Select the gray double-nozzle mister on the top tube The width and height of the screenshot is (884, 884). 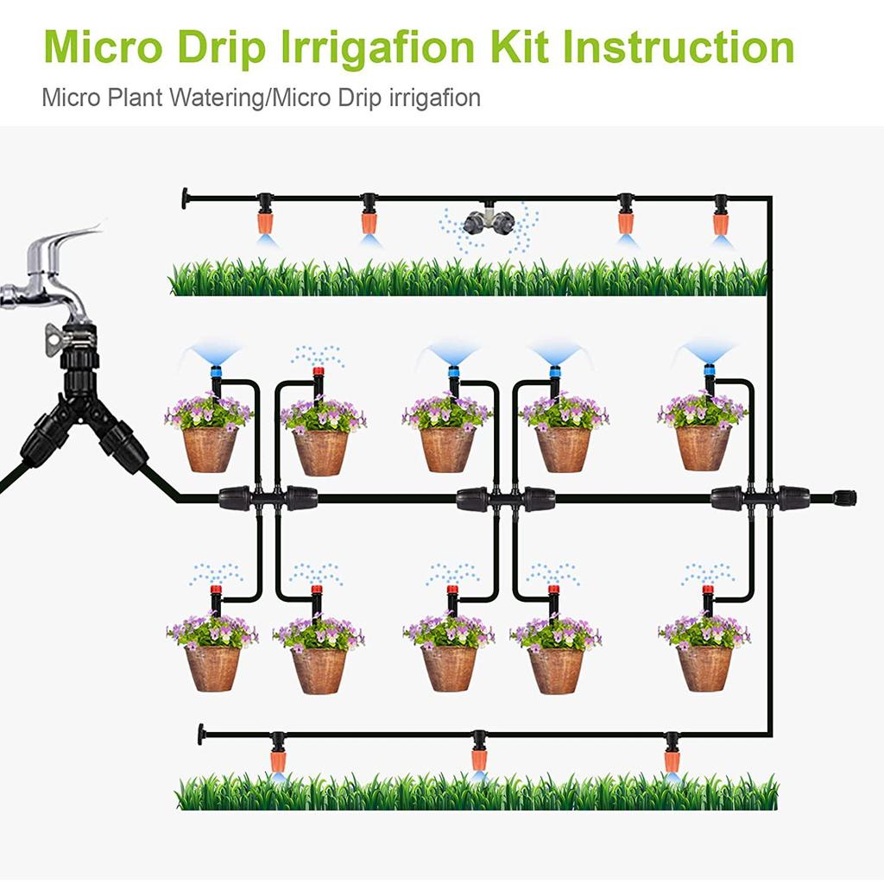(487, 220)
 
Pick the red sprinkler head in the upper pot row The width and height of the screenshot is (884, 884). (318, 376)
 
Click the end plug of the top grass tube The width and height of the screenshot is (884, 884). (186, 199)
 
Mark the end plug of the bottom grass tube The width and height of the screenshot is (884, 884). (202, 735)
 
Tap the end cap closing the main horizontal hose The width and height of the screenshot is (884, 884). (843, 498)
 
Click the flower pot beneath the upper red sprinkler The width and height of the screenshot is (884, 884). (320, 451)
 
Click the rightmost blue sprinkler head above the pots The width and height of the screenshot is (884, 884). (709, 373)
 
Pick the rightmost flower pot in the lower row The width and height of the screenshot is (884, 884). (704, 667)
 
